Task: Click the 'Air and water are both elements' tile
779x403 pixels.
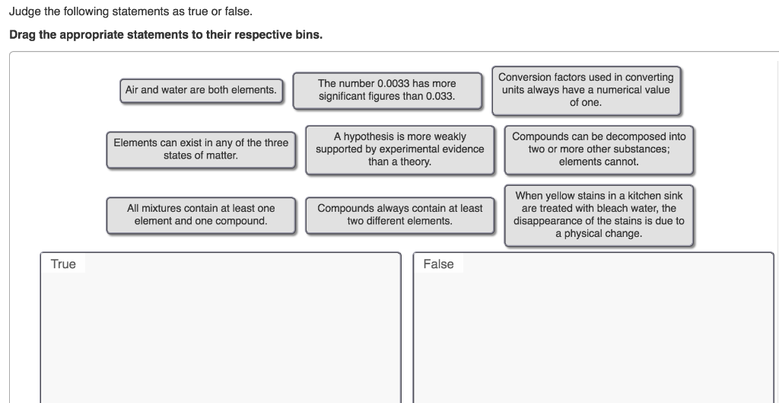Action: click(x=201, y=90)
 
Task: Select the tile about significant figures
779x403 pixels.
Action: click(x=386, y=90)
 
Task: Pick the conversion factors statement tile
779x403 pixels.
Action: click(x=585, y=90)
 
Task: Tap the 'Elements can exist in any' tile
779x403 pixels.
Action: click(x=201, y=149)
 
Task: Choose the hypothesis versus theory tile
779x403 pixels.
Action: click(x=399, y=149)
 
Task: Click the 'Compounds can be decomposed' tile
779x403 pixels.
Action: click(x=598, y=149)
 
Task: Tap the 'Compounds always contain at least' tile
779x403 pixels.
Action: click(x=399, y=214)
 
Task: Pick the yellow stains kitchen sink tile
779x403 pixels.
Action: click(x=598, y=214)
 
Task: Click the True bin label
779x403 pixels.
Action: click(x=63, y=264)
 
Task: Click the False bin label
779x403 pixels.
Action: click(x=438, y=264)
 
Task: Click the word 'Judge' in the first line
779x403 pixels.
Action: click(x=26, y=12)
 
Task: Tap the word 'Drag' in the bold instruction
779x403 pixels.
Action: click(x=23, y=36)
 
